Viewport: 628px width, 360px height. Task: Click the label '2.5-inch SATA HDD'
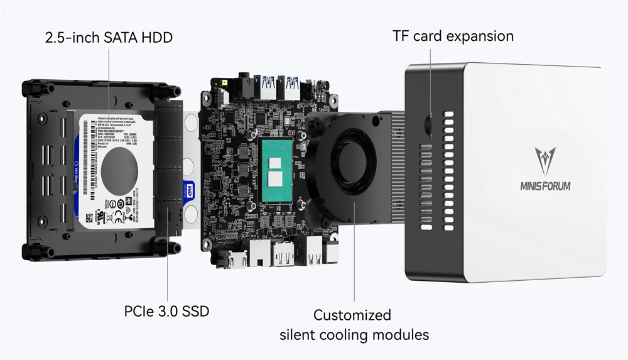(109, 38)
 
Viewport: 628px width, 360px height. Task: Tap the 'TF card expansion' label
(453, 36)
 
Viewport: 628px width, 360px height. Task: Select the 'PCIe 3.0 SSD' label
(166, 311)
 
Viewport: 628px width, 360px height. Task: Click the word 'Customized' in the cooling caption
(352, 315)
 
